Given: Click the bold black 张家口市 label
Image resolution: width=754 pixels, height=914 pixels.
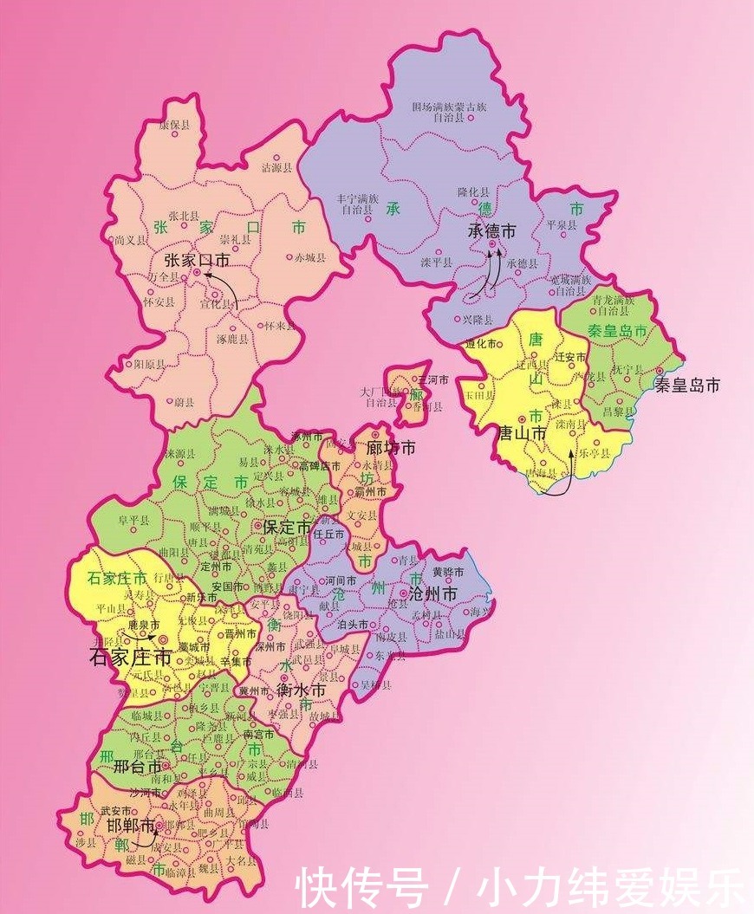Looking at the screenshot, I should pyautogui.click(x=197, y=259).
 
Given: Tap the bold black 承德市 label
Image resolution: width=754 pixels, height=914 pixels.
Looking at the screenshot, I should pyautogui.click(x=491, y=231).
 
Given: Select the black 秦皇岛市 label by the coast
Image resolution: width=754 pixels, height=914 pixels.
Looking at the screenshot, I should pyautogui.click(x=687, y=385).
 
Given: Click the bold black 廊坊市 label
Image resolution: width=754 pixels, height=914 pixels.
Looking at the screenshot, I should pyautogui.click(x=391, y=448).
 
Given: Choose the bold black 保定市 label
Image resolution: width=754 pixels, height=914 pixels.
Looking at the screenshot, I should pyautogui.click(x=286, y=527).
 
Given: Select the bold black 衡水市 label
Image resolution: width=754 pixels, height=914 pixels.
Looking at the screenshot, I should pyautogui.click(x=301, y=690).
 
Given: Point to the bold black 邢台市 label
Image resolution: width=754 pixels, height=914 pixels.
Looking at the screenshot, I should pyautogui.click(x=138, y=767).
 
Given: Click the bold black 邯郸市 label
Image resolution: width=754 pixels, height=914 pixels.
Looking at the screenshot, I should pyautogui.click(x=131, y=825).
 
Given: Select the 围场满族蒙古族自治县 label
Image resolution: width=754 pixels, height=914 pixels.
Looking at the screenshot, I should pyautogui.click(x=449, y=112).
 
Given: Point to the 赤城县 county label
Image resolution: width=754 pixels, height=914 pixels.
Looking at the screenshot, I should pyautogui.click(x=309, y=257).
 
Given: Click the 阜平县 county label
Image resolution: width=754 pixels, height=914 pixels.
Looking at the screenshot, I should pyautogui.click(x=134, y=520).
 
